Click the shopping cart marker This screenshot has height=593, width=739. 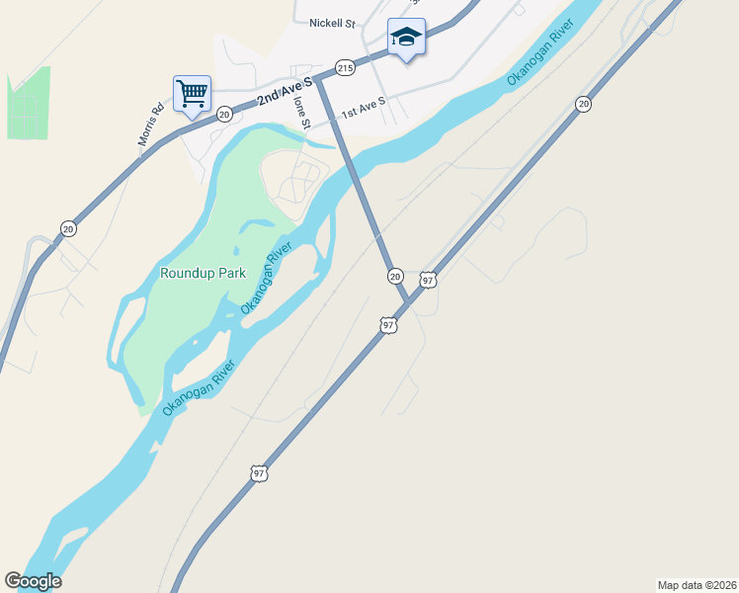click(x=192, y=94)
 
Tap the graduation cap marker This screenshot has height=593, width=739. click(x=405, y=38)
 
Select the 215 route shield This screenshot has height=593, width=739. click(x=344, y=67)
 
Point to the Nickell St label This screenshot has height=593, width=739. click(x=332, y=23)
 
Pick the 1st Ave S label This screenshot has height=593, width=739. click(x=363, y=104)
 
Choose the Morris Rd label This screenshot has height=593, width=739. click(x=150, y=127)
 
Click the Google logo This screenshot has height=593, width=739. click(x=33, y=581)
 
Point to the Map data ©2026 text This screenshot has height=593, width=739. click(x=696, y=584)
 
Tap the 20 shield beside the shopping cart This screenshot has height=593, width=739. click(x=224, y=115)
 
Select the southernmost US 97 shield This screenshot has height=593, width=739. click(x=259, y=473)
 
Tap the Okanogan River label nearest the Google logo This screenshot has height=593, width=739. click(x=199, y=389)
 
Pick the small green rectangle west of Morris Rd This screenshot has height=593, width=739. click(x=29, y=103)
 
